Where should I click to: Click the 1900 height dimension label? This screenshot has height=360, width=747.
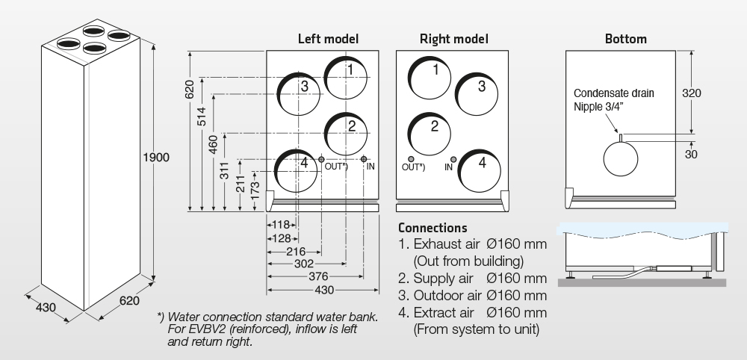pos(158,158)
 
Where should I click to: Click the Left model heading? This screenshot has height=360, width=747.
pos(328,38)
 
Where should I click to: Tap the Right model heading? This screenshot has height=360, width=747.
pos(454,38)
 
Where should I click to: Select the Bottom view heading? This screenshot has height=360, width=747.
pos(626,38)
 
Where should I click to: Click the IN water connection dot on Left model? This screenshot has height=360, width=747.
pos(364,159)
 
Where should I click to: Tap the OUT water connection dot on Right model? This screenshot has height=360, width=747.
pos(411,159)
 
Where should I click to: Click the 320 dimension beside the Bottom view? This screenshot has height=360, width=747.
pos(692,93)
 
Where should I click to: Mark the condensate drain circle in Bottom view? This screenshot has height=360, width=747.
pos(620,158)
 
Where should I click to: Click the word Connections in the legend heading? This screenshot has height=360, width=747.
pos(433,228)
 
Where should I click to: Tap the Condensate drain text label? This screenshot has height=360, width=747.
pos(613,93)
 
